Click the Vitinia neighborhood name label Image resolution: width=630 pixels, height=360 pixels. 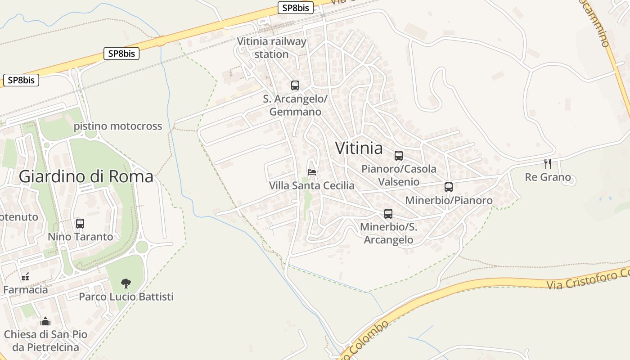coord(359,148)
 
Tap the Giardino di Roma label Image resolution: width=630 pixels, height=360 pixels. coord(86,176)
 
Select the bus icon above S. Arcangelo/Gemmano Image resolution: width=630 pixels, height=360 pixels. coord(295,85)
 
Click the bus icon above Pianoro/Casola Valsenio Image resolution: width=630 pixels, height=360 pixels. coord(399,156)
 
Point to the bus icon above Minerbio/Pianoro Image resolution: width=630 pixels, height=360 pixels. coord(449,187)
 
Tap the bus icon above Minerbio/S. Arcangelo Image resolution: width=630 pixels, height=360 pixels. coord(388,214)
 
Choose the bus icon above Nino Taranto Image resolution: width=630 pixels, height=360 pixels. coord(80,223)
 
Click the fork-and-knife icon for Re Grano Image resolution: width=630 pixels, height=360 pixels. coord(548,163)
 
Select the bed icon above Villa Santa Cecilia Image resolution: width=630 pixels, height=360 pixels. coord(312,172)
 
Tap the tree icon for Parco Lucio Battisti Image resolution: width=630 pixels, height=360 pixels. coord(126,283)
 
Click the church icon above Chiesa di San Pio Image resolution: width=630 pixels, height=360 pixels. coord(45,321)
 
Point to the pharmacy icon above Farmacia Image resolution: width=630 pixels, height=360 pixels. coord(25,276)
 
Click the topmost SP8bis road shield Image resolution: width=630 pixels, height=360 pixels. coord(295,8)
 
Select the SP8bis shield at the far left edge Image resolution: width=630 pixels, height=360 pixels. coord(21,81)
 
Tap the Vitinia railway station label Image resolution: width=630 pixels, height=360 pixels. coord(271,48)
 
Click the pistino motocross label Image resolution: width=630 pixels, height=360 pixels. coord(118,126)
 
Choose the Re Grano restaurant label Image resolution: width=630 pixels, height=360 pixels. coord(548,177)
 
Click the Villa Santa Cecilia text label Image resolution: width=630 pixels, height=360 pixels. coord(311,185)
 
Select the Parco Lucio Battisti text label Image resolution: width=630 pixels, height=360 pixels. coord(126,297)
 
